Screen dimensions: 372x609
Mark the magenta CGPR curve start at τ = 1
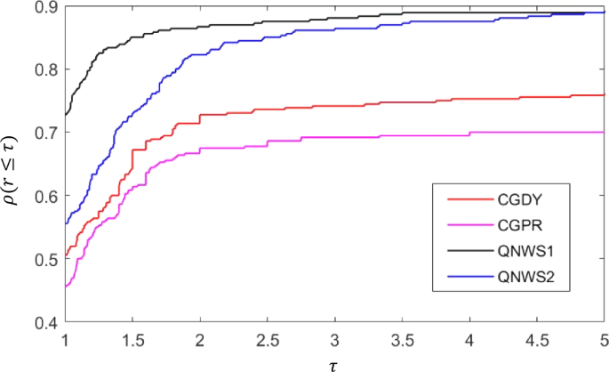(67, 287)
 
